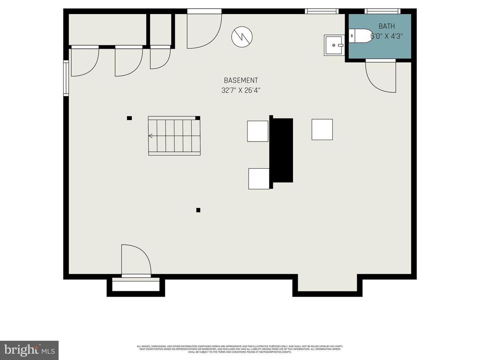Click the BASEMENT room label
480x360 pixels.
pyautogui.click(x=240, y=81)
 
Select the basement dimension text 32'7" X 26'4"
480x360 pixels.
pyautogui.click(x=240, y=90)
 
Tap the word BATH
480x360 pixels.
pyautogui.click(x=387, y=26)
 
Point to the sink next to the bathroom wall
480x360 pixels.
pyautogui.click(x=334, y=45)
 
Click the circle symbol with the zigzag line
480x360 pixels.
pyautogui.click(x=242, y=36)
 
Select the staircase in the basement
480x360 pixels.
pyautogui.click(x=174, y=136)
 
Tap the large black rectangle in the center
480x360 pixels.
pyautogui.click(x=281, y=150)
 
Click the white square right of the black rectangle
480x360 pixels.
pyautogui.click(x=322, y=129)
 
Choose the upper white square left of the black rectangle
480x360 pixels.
pyautogui.click(x=258, y=131)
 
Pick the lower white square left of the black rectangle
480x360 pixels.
pyautogui.click(x=259, y=179)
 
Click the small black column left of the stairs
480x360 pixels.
pyautogui.click(x=129, y=118)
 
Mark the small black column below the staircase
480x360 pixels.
pyautogui.click(x=198, y=210)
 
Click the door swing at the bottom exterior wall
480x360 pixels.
pyautogui.click(x=135, y=260)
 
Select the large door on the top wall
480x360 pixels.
pyautogui.click(x=204, y=30)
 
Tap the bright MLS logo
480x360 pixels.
pyautogui.click(x=29, y=350)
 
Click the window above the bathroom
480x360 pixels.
pyautogui.click(x=382, y=11)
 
